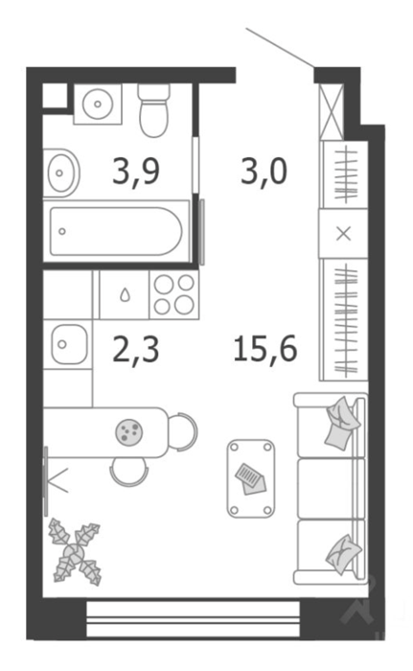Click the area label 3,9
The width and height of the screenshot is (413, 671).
coord(136,172)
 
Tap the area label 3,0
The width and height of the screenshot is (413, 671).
coord(264,172)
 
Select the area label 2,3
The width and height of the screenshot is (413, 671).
coord(136,350)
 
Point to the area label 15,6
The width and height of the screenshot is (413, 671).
coord(265,349)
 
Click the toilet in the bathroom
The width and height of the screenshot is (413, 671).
coord(154,110)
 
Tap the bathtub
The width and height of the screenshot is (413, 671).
coord(116,231)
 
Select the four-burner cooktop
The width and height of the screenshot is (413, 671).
coord(173,294)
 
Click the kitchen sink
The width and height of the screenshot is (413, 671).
coord(68,344)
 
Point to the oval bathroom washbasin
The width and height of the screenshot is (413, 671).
coord(61,173)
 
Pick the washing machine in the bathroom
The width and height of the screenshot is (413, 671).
coord(98,104)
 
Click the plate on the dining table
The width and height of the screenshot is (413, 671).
coord(128,431)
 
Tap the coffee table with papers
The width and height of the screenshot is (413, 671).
coord(250,478)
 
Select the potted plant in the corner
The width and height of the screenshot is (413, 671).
coord(76,551)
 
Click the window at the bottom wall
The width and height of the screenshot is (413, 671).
coord(193,619)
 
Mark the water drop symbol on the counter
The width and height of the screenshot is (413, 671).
coord(125,294)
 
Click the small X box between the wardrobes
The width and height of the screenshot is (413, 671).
coord(343,234)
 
